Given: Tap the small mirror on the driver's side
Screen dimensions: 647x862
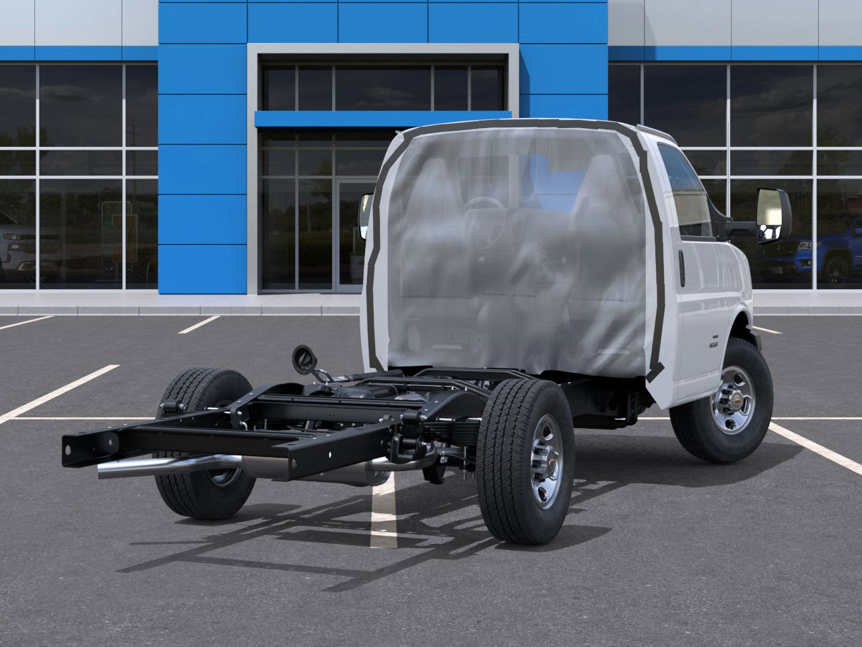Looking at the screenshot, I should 366,214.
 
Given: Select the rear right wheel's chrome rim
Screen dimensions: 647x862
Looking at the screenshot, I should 545,462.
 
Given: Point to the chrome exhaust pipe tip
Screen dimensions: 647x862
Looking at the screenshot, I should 108,470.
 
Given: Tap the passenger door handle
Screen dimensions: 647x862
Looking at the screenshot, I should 682,268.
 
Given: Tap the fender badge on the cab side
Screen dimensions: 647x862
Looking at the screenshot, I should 712,343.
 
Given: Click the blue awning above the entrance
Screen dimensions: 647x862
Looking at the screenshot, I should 383,119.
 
